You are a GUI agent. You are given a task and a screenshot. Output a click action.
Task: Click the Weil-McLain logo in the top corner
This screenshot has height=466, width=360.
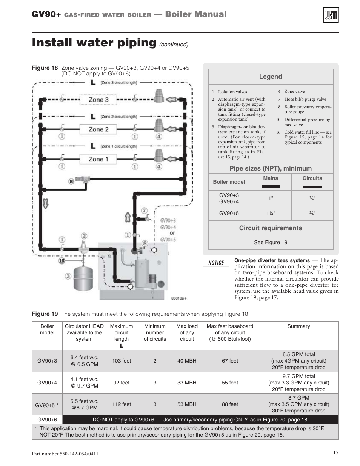331,15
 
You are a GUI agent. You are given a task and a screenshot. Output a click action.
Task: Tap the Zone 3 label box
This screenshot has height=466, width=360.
98,100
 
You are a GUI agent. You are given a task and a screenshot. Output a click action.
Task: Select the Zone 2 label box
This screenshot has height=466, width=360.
98,129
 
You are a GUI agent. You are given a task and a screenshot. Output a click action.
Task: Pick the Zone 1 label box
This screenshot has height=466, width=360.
98,159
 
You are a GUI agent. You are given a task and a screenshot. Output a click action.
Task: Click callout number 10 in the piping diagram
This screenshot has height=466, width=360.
71,181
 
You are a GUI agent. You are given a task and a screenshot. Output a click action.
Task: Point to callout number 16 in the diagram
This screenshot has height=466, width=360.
62,260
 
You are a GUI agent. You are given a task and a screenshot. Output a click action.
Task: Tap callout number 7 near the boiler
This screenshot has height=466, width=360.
144,211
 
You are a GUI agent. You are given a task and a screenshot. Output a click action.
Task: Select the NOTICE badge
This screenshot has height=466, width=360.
216,263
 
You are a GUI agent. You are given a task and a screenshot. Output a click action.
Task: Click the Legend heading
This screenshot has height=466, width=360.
271,77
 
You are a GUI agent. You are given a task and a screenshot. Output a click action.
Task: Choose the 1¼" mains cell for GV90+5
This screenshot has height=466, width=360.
271,213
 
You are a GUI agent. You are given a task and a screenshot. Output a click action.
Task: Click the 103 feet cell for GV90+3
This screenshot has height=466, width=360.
122,361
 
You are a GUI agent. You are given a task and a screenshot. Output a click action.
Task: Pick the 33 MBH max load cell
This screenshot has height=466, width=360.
187,383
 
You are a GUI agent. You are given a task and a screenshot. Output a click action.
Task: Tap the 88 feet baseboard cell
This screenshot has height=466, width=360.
230,404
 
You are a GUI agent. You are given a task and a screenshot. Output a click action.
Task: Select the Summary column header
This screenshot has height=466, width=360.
298,326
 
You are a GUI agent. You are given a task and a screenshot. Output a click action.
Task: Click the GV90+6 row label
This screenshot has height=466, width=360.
47,420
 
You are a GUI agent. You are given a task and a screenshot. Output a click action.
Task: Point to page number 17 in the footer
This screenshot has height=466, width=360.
336,452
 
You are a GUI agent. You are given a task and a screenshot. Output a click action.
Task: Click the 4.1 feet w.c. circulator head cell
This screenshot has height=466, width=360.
84,383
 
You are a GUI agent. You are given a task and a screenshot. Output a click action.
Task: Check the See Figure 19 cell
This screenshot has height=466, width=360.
271,242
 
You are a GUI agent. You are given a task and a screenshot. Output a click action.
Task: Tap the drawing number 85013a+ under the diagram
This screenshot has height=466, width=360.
179,298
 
